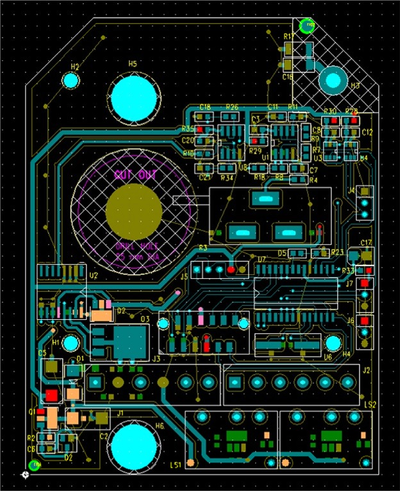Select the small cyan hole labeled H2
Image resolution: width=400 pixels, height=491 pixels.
(71, 81)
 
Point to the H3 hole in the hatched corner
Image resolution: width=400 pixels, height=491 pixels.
(333, 79)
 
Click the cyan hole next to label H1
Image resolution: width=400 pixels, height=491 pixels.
(71, 342)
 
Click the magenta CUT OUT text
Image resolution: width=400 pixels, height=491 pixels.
(135, 174)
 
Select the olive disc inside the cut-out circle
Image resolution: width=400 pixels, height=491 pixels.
(134, 212)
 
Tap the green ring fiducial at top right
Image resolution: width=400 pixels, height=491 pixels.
(308, 25)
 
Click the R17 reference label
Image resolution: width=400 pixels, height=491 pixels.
(288, 37)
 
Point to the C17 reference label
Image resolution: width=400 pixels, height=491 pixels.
(366, 242)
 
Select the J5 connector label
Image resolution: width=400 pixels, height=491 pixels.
(184, 277)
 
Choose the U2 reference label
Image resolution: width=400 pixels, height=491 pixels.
(94, 276)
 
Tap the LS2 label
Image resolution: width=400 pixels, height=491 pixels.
(370, 405)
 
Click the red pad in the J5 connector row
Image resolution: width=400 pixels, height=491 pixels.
(231, 270)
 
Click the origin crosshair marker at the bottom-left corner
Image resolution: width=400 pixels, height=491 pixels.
(25, 476)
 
